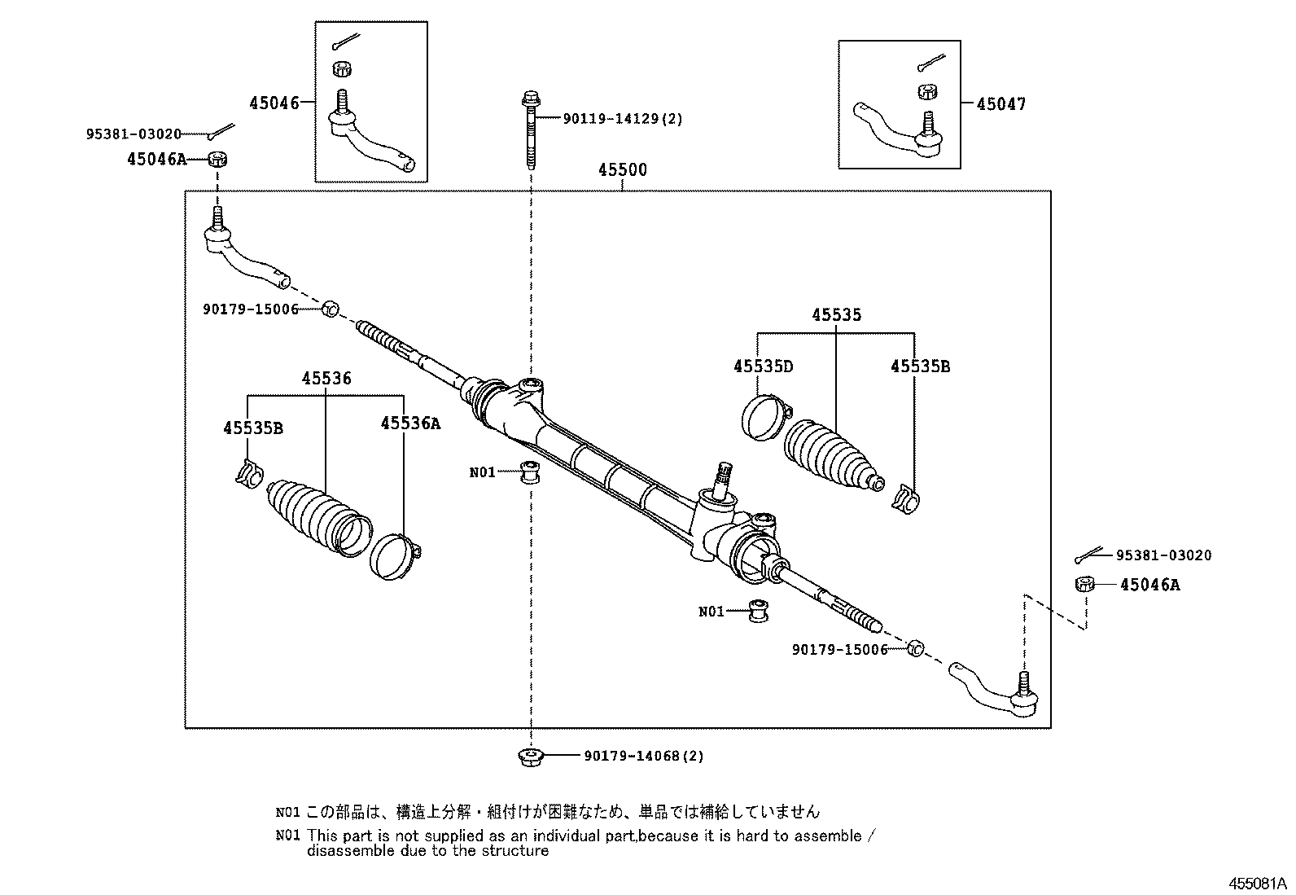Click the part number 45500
pyautogui.click(x=623, y=169)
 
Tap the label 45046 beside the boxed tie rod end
pyautogui.click(x=274, y=103)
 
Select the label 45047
pyautogui.click(x=1001, y=104)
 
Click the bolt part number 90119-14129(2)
pyautogui.click(x=623, y=119)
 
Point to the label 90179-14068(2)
pyautogui.click(x=644, y=756)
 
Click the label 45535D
pyautogui.click(x=763, y=366)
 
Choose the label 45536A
pyautogui.click(x=410, y=423)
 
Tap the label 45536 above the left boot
pyautogui.click(x=326, y=379)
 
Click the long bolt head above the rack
pyautogui.click(x=531, y=100)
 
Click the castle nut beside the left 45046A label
pyautogui.click(x=217, y=159)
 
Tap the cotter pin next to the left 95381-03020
pyautogui.click(x=221, y=132)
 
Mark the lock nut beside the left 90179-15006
pyautogui.click(x=330, y=309)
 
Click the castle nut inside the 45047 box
pyautogui.click(x=927, y=92)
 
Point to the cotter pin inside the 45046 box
pyautogui.click(x=346, y=42)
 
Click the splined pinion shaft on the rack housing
pyautogui.click(x=722, y=480)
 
